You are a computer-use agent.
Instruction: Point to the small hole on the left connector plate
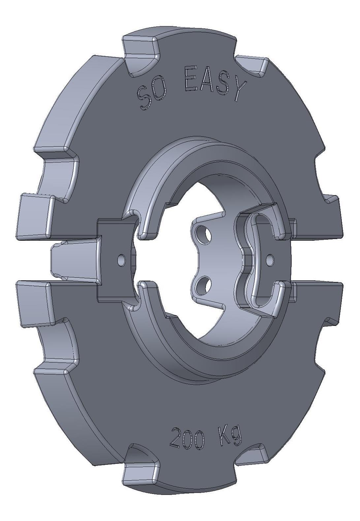tap(121, 260)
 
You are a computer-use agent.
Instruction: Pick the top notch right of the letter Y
tap(255, 66)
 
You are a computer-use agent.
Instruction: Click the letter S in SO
tap(143, 99)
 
